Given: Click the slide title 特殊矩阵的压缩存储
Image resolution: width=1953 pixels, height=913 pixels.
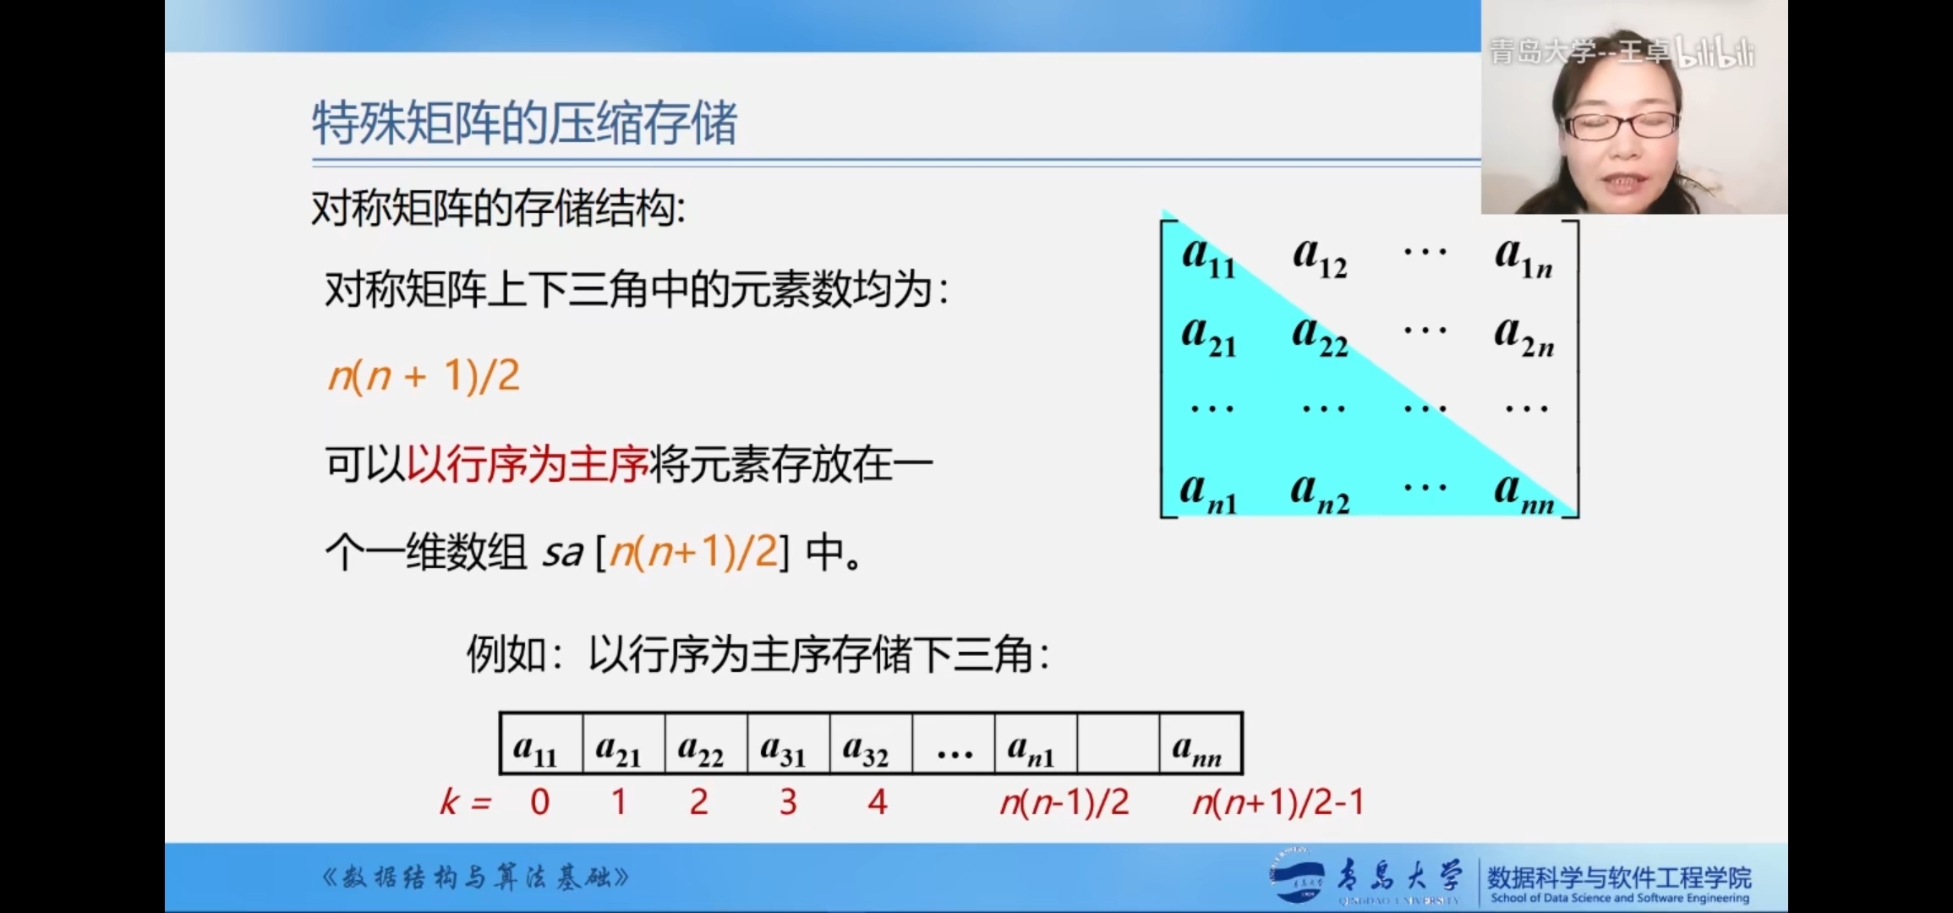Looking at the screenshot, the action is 524,123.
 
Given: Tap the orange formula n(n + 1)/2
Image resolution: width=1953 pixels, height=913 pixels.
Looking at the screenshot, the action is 424,375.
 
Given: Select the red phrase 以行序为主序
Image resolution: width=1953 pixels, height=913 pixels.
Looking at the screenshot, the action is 528,464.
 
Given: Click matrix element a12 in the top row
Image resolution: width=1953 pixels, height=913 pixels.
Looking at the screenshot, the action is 1320,256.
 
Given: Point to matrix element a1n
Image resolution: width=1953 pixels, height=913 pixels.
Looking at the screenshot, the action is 1524,256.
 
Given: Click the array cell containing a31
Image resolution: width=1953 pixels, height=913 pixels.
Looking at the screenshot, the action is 789,744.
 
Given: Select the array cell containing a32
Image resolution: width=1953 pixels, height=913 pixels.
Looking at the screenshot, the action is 871,744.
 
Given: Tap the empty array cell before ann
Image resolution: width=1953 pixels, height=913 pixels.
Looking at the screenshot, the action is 1118,744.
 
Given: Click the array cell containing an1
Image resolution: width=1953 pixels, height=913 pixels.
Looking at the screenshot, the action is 1036,744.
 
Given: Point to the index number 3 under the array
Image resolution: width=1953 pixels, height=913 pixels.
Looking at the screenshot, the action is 788,801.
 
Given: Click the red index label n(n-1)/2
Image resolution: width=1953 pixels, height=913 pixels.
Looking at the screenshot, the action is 1064,801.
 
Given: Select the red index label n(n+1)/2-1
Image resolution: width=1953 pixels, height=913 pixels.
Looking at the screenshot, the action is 1278,801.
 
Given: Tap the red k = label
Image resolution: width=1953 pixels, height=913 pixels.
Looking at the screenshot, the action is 465,801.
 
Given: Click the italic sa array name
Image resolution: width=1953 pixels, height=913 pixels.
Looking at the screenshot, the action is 562,553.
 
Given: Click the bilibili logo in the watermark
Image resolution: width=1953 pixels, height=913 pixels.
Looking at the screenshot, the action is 1715,52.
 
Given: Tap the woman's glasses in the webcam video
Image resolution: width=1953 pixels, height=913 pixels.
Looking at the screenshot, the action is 1621,126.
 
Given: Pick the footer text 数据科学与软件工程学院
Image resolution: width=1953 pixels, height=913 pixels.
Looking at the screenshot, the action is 1619,877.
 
